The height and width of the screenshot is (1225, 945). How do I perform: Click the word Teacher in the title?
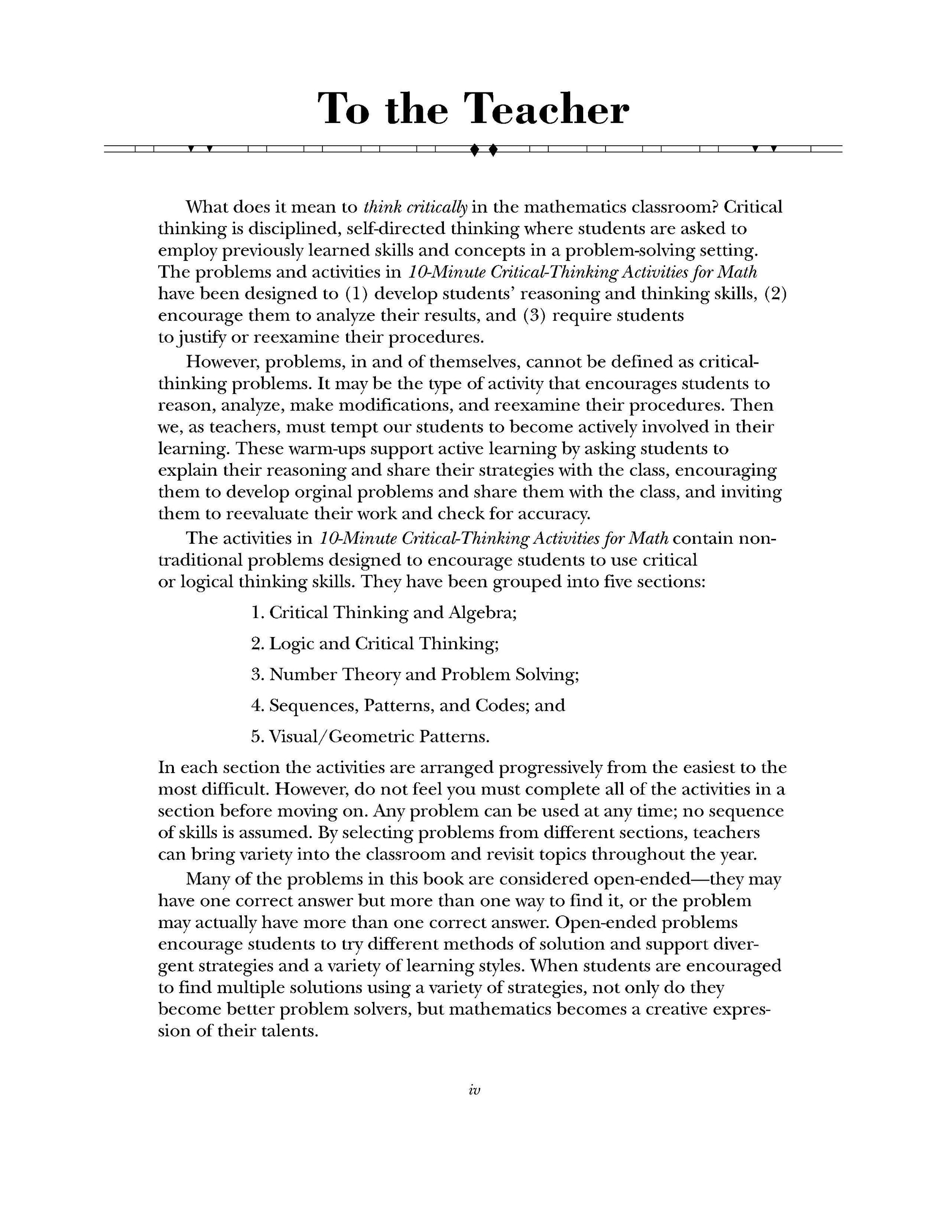(548, 109)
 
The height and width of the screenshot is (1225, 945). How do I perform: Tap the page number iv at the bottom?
(473, 1090)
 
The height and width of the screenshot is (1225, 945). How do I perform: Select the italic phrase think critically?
(415, 207)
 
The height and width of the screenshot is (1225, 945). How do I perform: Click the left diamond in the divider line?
(474, 150)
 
